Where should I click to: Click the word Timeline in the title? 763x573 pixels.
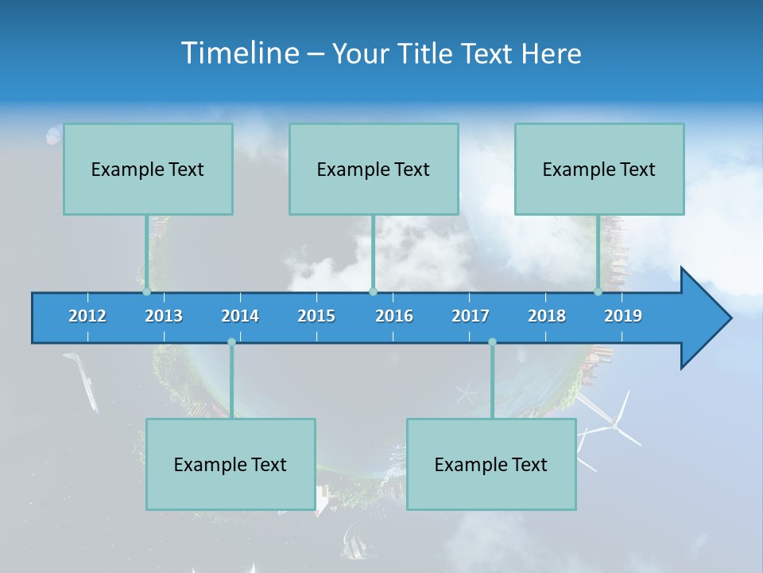tap(240, 53)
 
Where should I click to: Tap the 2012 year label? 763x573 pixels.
tap(87, 316)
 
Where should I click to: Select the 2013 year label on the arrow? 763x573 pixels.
tap(164, 316)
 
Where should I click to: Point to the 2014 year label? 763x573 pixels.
tap(240, 316)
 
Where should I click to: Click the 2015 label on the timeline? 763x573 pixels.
tap(316, 316)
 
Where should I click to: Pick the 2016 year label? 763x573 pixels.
tap(394, 316)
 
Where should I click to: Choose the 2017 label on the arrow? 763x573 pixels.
tap(471, 316)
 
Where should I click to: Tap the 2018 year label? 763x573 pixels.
tap(547, 316)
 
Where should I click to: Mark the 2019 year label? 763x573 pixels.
tap(623, 316)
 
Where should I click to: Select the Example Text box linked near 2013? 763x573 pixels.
tap(148, 169)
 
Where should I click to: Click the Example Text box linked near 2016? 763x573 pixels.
tap(374, 169)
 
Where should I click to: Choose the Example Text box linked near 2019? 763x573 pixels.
tap(599, 169)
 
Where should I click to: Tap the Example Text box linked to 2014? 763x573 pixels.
tap(230, 464)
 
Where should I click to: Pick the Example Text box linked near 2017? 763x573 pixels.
tap(491, 464)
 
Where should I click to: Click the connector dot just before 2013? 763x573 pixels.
tap(146, 292)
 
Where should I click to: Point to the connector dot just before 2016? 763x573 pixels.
tap(373, 292)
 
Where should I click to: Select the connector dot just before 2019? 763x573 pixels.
tap(598, 292)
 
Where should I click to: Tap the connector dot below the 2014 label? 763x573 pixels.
tap(231, 342)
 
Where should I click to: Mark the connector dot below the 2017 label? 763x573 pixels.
tap(492, 342)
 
